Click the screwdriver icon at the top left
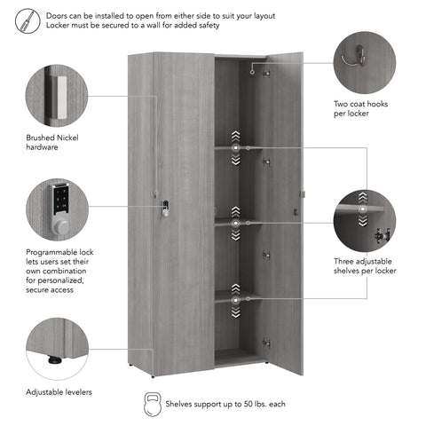[28, 20]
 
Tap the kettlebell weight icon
[153, 404]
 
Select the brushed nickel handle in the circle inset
[60, 98]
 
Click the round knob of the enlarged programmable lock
[60, 227]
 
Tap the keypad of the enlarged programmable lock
[61, 199]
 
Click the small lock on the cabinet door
[165, 209]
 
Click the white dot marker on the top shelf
[235, 147]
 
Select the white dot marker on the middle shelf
[235, 224]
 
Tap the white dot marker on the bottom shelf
[235, 301]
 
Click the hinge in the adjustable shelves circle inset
[383, 235]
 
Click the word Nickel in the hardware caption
[67, 138]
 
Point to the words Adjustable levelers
[59, 392]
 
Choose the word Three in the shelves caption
[343, 262]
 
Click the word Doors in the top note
[55, 16]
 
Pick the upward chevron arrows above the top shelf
[235, 137]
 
